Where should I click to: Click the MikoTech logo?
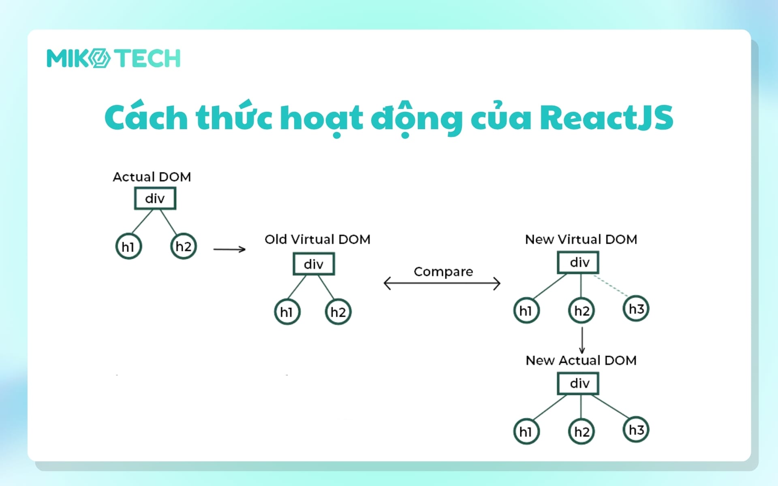tap(113, 58)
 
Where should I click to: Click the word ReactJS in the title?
tap(606, 118)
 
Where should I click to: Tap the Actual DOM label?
tap(152, 177)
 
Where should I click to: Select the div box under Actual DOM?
tap(155, 198)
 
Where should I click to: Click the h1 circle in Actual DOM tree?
tap(128, 246)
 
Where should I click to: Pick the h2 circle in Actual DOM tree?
tap(184, 246)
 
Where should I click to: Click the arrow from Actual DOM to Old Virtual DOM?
tap(229, 249)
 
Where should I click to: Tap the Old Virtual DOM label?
tap(317, 239)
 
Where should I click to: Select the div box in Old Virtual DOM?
tap(314, 264)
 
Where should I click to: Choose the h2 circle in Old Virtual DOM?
tap(338, 312)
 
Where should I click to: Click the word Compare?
tap(443, 271)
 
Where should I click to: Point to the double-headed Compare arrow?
tap(442, 283)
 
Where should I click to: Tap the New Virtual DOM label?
tap(581, 239)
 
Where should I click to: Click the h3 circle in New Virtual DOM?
tap(636, 309)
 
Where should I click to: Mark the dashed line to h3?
tap(611, 286)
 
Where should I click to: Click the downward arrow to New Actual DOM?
tap(582, 340)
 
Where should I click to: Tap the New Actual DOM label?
tap(581, 360)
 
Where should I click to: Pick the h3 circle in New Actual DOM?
tap(636, 430)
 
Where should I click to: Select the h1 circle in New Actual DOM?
tap(526, 432)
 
